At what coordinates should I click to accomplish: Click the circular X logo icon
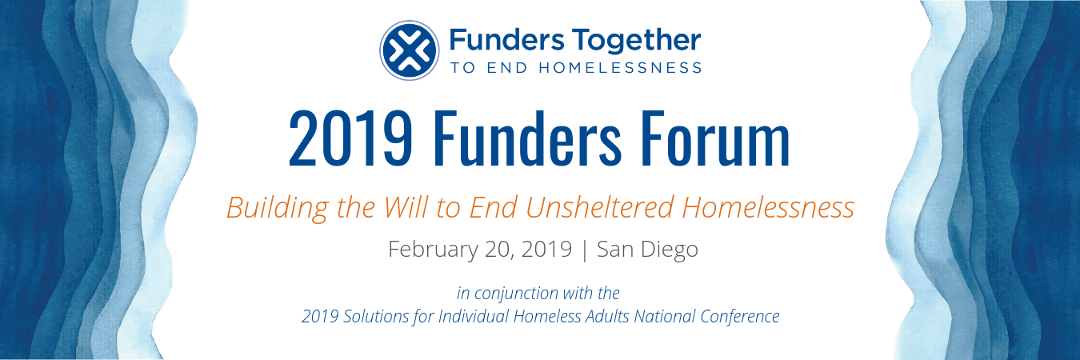[x=409, y=50]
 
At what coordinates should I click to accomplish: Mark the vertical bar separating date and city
[x=585, y=250]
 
